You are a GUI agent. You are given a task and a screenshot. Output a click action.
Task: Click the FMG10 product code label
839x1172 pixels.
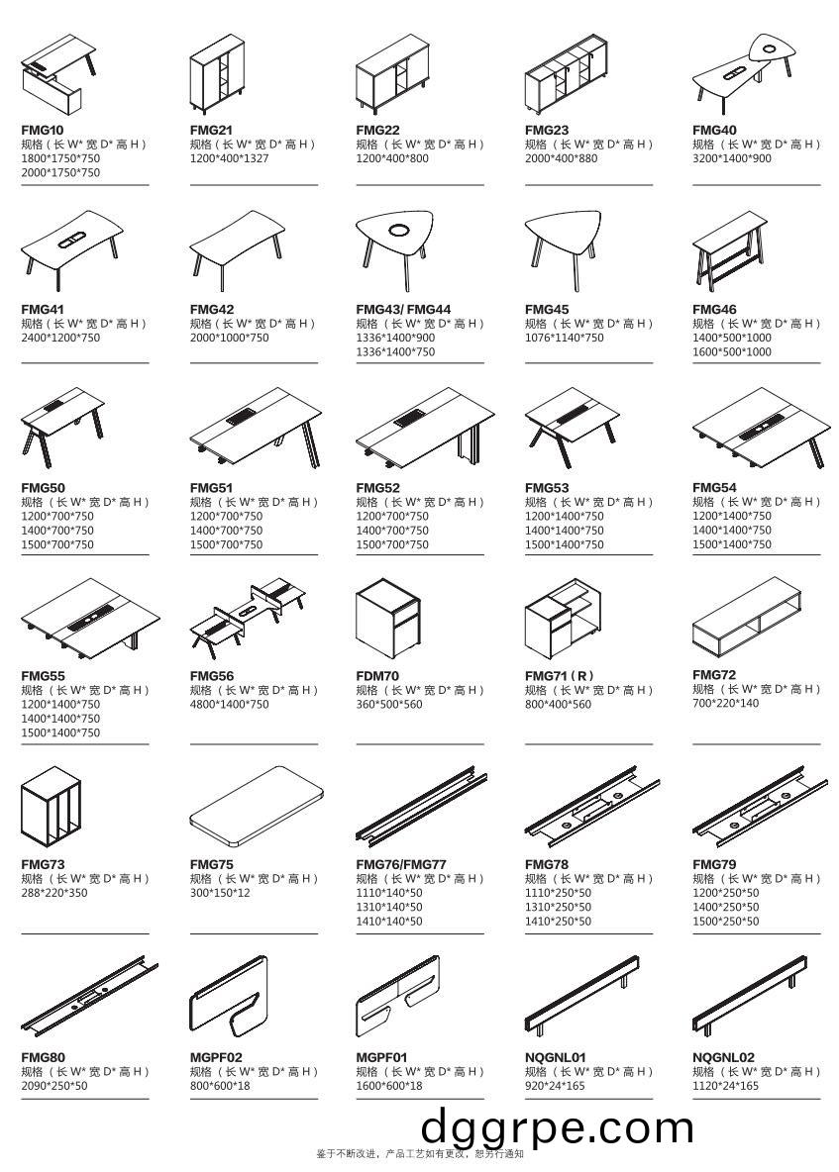(x=43, y=130)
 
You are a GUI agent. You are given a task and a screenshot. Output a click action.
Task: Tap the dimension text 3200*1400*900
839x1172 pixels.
(x=731, y=158)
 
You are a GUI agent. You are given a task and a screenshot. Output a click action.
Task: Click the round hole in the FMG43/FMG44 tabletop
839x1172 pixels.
(x=399, y=231)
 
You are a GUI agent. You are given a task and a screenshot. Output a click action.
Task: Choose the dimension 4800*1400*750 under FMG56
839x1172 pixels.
(x=229, y=705)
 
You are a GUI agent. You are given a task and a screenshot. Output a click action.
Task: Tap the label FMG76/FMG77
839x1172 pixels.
(x=401, y=864)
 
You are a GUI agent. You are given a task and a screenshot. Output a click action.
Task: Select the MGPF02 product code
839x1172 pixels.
(x=216, y=1057)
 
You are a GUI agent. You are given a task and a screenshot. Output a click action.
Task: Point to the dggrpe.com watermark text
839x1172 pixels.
(x=558, y=1126)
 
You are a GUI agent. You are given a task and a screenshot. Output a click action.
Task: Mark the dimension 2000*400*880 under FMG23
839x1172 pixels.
(x=561, y=158)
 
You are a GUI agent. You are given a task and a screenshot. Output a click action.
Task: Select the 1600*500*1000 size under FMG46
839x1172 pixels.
(x=731, y=351)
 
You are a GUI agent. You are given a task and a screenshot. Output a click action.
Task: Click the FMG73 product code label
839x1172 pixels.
(x=43, y=864)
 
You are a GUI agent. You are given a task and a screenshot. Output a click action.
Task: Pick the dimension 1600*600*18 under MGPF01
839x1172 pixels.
(x=388, y=1086)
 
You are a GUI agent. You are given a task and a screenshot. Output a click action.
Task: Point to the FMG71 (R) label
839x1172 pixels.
(x=559, y=676)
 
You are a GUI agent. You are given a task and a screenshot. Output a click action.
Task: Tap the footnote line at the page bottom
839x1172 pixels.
(x=419, y=1153)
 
